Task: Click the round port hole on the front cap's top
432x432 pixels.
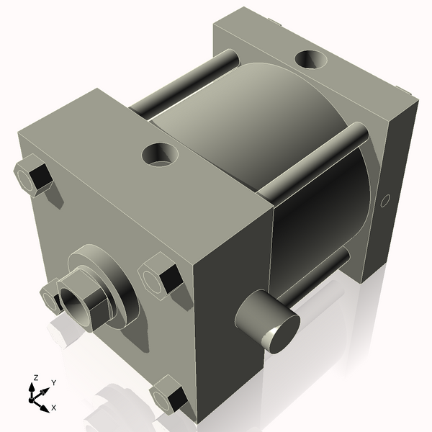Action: [x=159, y=153]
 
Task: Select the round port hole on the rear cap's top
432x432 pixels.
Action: [x=312, y=58]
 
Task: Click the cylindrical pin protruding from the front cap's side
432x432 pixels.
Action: [x=263, y=320]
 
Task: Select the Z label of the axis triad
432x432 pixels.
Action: [x=35, y=377]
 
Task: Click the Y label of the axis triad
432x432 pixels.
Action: [x=54, y=383]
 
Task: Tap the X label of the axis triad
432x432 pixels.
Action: [x=53, y=408]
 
